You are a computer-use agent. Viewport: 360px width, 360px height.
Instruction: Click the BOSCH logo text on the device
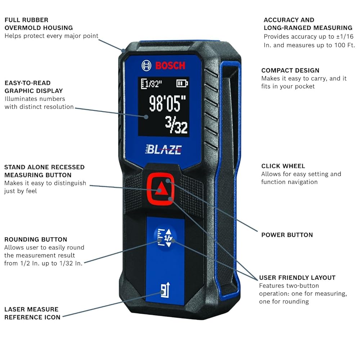coord(170,66)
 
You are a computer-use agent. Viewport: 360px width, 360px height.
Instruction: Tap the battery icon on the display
coord(182,84)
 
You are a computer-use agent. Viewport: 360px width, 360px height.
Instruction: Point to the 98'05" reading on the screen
coord(169,104)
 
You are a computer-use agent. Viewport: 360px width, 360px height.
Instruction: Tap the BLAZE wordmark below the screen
coord(164,150)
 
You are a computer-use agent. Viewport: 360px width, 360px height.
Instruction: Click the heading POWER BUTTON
coord(287,235)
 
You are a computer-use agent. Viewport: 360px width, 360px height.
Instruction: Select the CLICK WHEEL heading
coord(283,166)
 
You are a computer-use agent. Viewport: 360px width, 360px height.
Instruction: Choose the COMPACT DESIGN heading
coord(290,71)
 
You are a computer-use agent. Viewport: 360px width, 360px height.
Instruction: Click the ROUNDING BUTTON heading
coord(36,239)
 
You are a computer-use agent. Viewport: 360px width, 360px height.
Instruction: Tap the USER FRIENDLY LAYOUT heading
coord(297,278)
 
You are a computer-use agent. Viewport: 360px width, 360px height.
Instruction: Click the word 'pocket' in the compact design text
coord(304,86)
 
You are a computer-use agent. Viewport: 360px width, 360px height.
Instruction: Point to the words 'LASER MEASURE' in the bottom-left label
coord(31,309)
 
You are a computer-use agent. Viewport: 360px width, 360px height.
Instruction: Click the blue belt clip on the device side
coord(228,180)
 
